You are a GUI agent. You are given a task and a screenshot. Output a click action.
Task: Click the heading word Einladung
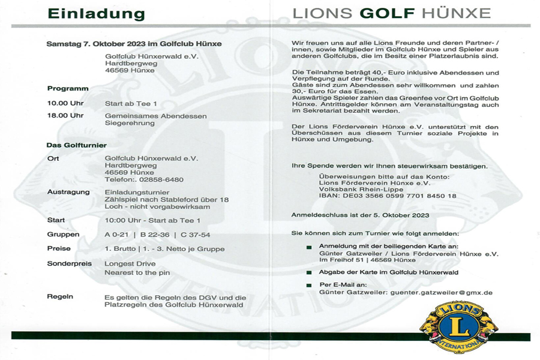[x=97, y=13]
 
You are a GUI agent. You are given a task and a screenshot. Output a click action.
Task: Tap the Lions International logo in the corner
[x=459, y=326]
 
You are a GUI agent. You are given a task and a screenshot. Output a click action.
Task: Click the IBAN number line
[x=388, y=196]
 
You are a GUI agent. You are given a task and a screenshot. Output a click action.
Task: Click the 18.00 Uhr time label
[x=65, y=116]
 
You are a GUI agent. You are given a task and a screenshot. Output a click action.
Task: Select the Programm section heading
[x=68, y=88]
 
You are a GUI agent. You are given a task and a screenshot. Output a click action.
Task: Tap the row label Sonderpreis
[x=67, y=263]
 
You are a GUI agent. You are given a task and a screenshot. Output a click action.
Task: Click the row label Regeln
[x=60, y=296]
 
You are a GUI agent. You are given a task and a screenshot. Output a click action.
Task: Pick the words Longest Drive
[x=130, y=263]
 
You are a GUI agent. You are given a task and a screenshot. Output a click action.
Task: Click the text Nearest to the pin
[x=137, y=272]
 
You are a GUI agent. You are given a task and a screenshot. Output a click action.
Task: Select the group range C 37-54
[x=195, y=235]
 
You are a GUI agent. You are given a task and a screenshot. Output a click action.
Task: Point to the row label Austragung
[x=68, y=192]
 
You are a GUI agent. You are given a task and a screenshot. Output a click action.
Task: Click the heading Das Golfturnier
[x=77, y=145]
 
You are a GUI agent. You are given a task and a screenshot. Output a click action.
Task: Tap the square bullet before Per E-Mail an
[x=309, y=284]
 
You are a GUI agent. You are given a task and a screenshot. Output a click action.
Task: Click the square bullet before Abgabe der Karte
[x=309, y=272]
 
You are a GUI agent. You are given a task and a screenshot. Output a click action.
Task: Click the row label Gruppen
[x=63, y=235]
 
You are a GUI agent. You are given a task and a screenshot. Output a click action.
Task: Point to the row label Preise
[x=59, y=248]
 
